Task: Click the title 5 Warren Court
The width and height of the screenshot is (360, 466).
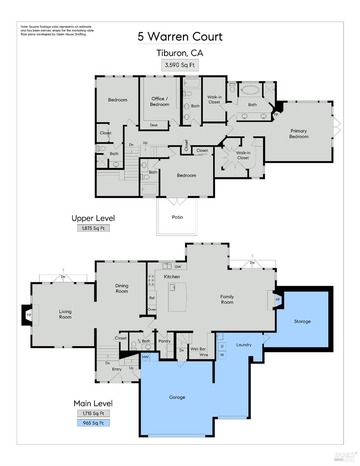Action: [180, 37]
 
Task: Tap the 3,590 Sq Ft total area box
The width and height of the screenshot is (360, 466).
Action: [180, 65]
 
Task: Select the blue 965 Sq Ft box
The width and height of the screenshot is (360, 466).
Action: [93, 423]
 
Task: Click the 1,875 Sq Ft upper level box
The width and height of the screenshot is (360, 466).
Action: [93, 228]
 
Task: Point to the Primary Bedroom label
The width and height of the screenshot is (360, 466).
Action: [298, 134]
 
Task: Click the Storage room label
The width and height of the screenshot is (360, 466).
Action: [302, 321]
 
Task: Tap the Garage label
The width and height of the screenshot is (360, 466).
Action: [177, 397]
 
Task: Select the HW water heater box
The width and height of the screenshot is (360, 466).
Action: [145, 357]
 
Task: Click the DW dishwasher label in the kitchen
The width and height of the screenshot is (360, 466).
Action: [178, 267]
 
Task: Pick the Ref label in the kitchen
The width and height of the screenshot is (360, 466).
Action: [152, 298]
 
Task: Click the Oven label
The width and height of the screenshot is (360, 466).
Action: [152, 310]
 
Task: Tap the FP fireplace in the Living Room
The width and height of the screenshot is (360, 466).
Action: [29, 315]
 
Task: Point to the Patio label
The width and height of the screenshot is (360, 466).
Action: [177, 217]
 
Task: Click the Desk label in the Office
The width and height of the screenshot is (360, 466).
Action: [154, 125]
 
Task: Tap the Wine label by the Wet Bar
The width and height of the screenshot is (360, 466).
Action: [204, 355]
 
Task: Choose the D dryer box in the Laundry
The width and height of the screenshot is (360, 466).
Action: [222, 346]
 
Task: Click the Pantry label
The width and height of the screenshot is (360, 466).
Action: [164, 341]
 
